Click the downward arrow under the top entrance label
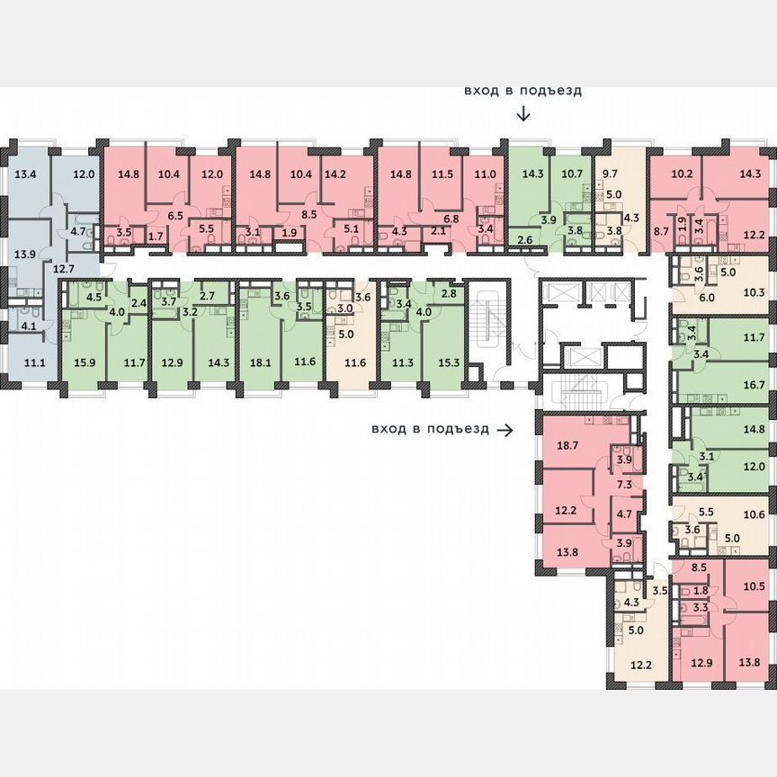523,114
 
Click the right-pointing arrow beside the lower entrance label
505,430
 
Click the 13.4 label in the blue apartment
24,174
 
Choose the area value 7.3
624,484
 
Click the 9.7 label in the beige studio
611,174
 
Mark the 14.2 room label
335,174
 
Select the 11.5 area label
442,174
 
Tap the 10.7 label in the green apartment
573,174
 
